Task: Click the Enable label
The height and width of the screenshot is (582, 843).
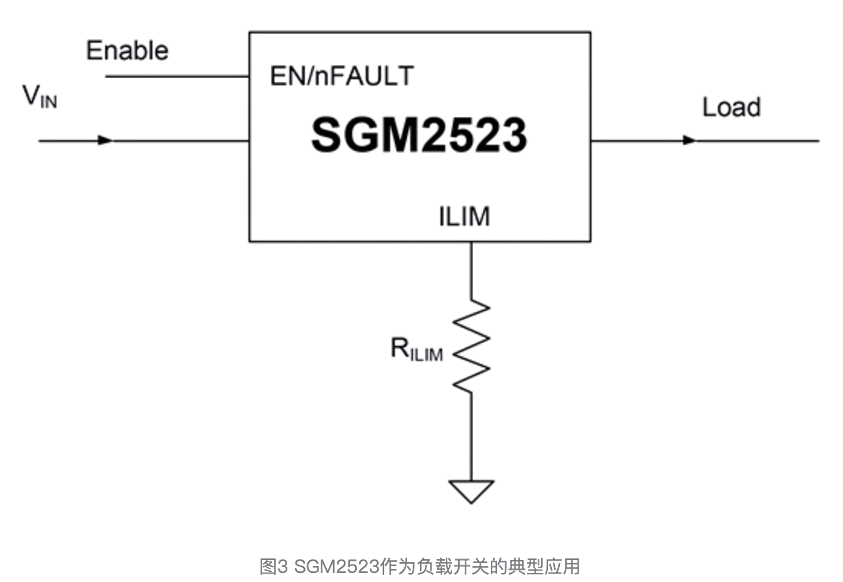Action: click(x=127, y=51)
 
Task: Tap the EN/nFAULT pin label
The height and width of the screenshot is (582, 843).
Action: click(x=342, y=76)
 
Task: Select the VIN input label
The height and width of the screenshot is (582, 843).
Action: click(x=40, y=97)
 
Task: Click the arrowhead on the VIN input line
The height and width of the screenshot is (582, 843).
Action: click(x=105, y=140)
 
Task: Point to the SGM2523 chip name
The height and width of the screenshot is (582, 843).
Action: click(x=419, y=135)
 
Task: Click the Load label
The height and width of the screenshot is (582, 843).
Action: click(x=731, y=107)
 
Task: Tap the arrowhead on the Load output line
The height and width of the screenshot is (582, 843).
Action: click(x=689, y=140)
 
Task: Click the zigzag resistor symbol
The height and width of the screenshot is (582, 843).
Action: click(x=472, y=346)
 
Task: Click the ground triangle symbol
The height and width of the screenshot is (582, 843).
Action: click(x=471, y=490)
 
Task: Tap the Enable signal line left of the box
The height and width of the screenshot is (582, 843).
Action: click(x=177, y=76)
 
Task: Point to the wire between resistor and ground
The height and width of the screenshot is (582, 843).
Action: click(x=472, y=436)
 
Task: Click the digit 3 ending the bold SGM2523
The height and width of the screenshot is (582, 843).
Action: click(x=514, y=135)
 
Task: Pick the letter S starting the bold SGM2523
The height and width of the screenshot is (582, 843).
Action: click(x=325, y=135)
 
